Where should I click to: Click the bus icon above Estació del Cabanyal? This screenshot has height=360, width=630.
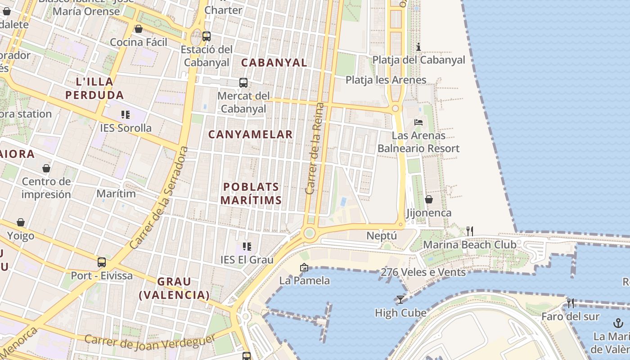coord(207,36)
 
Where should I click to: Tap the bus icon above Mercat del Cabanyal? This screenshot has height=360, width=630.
coord(243,83)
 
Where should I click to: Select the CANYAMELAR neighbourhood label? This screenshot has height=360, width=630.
coord(251,134)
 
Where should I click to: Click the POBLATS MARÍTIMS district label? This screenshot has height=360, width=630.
coord(252,193)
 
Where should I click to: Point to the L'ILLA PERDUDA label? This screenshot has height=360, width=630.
coord(94,88)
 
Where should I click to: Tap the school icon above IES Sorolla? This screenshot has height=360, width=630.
coord(126,115)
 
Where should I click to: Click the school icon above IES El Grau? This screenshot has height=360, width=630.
coord(247,246)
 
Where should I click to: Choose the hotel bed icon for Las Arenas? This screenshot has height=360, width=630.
coord(418,122)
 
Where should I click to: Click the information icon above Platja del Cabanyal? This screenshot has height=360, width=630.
coord(418,47)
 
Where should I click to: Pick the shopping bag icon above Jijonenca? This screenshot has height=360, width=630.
coord(429,199)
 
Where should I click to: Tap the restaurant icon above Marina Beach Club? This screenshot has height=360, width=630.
coord(470,231)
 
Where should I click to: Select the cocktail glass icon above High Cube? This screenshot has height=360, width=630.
coord(400,299)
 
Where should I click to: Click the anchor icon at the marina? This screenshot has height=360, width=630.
coord(618,323)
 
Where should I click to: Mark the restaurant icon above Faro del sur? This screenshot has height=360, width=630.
coord(571,303)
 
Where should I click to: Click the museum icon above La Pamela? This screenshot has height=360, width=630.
coord(304,267)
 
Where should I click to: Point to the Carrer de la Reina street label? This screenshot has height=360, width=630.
coord(314,148)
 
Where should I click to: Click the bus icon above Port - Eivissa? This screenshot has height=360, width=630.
coord(102,262)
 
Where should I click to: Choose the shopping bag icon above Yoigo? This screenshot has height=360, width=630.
coord(21,222)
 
